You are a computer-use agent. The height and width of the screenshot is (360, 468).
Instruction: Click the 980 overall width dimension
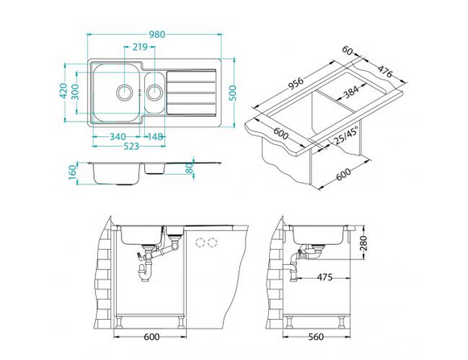tap(157, 35)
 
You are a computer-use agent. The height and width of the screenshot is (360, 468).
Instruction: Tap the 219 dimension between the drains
tap(140, 47)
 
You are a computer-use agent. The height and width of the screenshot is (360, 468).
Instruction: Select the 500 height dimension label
tap(234, 93)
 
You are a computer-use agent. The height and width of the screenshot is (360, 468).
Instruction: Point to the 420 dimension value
tap(64, 91)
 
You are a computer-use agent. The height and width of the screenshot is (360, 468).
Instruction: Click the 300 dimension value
tap(75, 92)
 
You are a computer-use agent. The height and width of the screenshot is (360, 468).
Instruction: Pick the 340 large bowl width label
tap(118, 137)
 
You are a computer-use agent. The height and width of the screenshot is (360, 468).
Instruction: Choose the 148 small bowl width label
tap(155, 137)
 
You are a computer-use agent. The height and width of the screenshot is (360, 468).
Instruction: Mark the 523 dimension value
tap(131, 147)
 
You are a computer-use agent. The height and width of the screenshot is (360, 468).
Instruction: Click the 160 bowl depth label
tap(72, 172)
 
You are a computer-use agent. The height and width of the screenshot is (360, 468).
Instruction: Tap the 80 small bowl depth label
tap(190, 168)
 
